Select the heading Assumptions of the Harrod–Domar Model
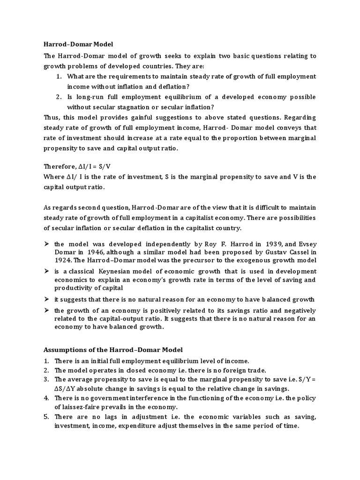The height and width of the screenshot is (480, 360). pyautogui.click(x=113, y=350)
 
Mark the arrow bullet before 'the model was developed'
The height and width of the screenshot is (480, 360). pyautogui.click(x=46, y=244)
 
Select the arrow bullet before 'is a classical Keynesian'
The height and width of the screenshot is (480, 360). pyautogui.click(x=46, y=271)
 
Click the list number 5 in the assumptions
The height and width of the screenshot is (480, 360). pyautogui.click(x=46, y=416)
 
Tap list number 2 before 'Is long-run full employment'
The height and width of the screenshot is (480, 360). pyautogui.click(x=59, y=97)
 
